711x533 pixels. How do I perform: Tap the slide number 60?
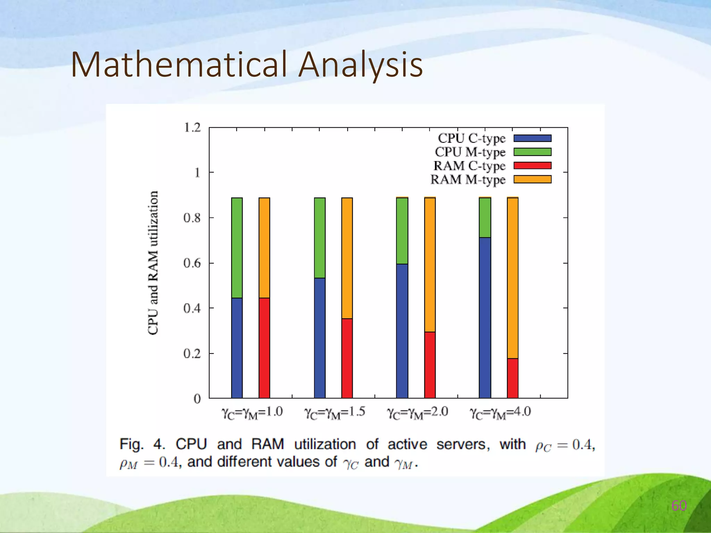click(679, 506)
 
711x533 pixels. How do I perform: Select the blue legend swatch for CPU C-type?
click(532, 138)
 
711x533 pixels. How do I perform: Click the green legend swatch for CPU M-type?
click(532, 152)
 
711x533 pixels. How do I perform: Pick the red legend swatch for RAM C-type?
click(532, 166)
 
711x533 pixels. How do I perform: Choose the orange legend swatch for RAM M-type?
click(532, 179)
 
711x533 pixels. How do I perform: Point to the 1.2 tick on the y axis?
click(192, 128)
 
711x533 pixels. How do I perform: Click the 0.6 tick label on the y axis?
click(192, 263)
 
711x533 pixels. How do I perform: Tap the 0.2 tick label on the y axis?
click(192, 354)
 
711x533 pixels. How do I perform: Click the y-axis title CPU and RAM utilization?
click(153, 263)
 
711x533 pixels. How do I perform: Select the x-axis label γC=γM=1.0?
click(252, 413)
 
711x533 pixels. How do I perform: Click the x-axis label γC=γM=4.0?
click(500, 413)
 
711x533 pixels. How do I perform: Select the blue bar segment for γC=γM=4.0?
click(485, 318)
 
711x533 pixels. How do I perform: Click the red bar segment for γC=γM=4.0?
click(512, 378)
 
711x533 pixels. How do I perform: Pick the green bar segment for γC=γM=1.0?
click(237, 248)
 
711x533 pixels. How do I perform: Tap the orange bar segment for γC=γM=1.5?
click(347, 258)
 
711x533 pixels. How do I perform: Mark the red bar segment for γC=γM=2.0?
click(430, 365)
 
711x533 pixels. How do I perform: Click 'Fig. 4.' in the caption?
click(142, 444)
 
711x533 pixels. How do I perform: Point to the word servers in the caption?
click(463, 444)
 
